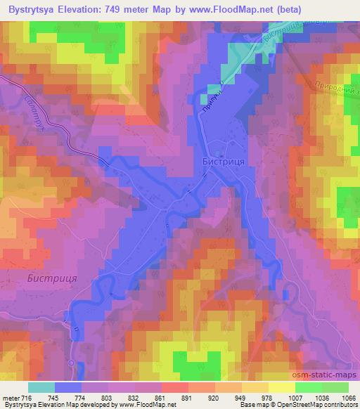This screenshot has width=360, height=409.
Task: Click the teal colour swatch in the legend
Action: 41,387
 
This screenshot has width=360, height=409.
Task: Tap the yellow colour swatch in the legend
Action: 282,387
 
